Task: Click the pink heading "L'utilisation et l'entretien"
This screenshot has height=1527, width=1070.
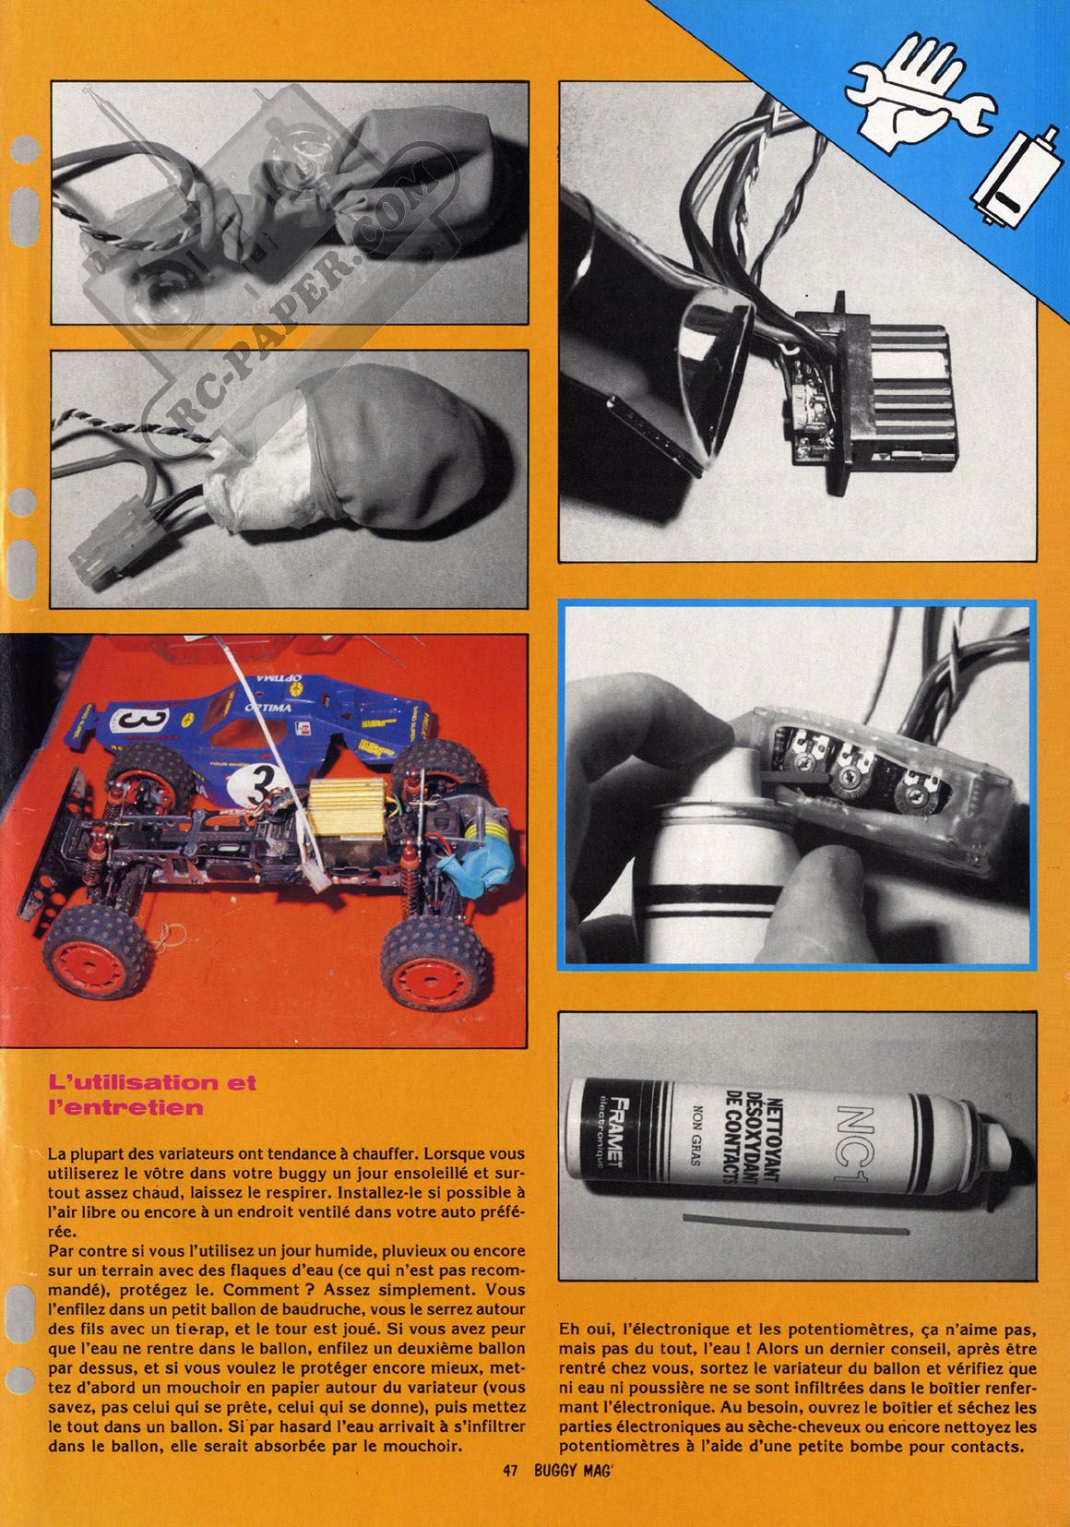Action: [153, 1093]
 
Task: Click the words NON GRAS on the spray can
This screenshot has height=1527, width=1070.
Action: [696, 1134]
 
